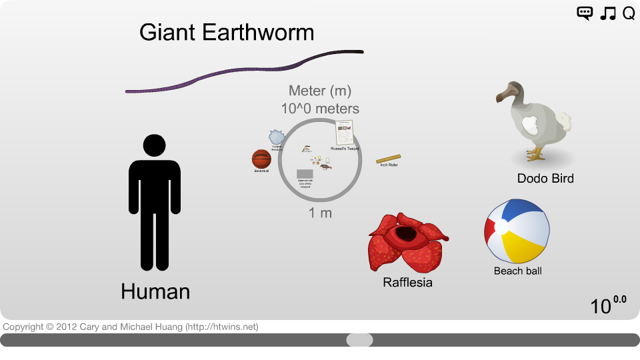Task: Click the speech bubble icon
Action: click(585, 13)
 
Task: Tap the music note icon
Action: click(607, 13)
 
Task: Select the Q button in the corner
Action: click(629, 13)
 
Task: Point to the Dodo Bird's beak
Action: click(502, 93)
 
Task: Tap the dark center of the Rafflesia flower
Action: click(406, 234)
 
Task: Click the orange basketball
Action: click(261, 159)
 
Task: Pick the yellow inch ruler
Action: click(388, 159)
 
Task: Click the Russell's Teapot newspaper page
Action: click(345, 132)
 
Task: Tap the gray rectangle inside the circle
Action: click(305, 174)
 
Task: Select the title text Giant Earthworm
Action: click(227, 32)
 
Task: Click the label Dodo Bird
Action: click(545, 178)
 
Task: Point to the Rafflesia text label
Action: click(407, 283)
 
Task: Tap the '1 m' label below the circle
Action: click(320, 213)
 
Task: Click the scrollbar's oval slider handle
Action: click(359, 340)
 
